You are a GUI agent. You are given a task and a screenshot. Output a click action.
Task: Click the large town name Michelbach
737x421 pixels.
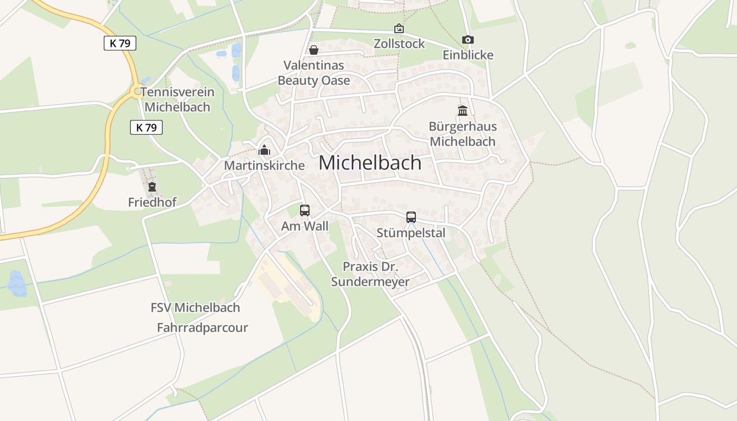[x=370, y=163]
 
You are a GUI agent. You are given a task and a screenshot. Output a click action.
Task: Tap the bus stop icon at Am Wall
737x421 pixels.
[x=304, y=210]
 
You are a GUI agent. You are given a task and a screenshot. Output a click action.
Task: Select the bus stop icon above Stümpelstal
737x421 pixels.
[x=411, y=217]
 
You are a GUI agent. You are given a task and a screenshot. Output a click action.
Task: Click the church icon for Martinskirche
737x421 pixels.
[x=264, y=151]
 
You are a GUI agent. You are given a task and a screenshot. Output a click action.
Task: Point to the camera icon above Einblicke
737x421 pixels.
[x=467, y=39]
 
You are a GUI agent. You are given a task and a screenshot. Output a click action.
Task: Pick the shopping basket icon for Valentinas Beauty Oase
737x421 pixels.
[x=314, y=50]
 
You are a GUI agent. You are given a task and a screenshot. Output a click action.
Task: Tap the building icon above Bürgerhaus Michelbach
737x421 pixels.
[x=463, y=111]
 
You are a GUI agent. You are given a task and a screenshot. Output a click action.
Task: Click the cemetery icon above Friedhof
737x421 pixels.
[x=152, y=187]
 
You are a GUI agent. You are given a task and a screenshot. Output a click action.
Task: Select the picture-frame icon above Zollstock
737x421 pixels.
[x=399, y=28]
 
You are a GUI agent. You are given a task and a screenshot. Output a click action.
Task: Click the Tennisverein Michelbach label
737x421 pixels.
[x=177, y=99]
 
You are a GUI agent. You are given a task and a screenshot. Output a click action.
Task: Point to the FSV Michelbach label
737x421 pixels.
[x=195, y=307]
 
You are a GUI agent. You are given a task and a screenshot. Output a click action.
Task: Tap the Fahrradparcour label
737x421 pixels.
[x=202, y=328]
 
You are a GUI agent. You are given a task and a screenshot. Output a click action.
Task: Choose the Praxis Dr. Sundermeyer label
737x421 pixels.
[x=370, y=274]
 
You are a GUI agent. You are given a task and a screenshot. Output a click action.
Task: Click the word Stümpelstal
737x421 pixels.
[x=411, y=233]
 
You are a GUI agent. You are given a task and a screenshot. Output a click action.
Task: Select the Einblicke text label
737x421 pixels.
[x=468, y=55]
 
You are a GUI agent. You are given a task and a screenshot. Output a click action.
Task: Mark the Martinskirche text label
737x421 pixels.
[x=264, y=165]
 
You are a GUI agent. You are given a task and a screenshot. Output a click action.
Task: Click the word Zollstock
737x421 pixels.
[x=399, y=44]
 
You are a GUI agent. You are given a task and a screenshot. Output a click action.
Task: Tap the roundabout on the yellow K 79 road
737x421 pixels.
[x=137, y=92]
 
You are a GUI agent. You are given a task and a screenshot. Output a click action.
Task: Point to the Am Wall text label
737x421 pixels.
[x=305, y=226]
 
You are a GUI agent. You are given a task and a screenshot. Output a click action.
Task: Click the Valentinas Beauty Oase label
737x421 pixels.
[x=314, y=73]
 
